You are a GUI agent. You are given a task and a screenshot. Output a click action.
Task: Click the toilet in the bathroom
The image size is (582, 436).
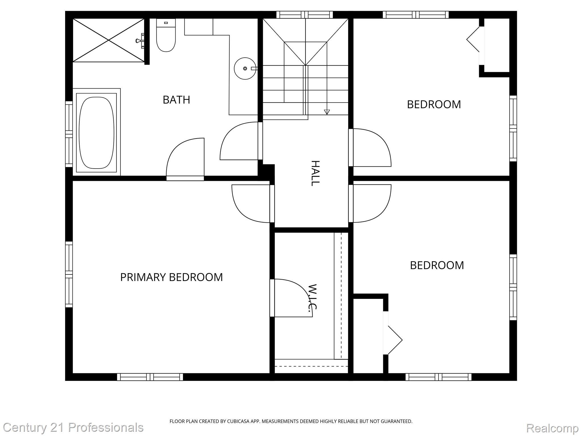click(x=166, y=37)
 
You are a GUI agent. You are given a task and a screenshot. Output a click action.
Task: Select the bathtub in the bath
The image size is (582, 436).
click(x=96, y=133)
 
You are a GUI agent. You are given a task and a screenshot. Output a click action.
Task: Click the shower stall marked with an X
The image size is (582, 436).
click(x=109, y=40)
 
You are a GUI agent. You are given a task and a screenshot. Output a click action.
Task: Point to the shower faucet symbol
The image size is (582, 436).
click(x=140, y=41)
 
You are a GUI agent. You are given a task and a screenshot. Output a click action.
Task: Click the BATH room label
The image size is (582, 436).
click(x=176, y=100)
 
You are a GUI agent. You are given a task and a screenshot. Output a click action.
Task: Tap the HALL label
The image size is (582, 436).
click(x=315, y=173)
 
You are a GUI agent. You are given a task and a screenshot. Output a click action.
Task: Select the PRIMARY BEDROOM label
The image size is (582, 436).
click(x=171, y=277)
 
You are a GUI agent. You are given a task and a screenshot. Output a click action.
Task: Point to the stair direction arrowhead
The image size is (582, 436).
click(x=327, y=112)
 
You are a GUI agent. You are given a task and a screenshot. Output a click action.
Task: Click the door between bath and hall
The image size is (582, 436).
click(x=240, y=141)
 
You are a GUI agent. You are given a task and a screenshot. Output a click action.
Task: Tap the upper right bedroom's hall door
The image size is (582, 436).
click(x=371, y=148)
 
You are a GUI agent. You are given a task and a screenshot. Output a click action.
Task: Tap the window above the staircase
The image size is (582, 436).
click(x=304, y=15)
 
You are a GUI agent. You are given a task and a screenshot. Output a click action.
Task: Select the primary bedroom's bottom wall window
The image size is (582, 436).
click(x=150, y=377)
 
